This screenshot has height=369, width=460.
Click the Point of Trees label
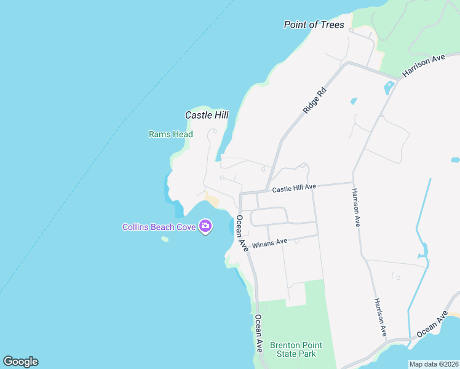click(314, 25)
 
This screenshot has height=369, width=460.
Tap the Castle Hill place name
click(207, 115)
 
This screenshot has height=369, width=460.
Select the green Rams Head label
click(170, 134)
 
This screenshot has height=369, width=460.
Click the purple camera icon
click(205, 226)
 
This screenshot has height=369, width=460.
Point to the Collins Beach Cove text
click(159, 227)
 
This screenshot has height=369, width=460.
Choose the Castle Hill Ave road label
click(294, 187)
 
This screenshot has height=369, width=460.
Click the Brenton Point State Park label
click(293, 349)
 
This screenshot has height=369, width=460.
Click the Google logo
click(20, 362)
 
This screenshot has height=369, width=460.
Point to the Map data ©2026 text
click(434, 364)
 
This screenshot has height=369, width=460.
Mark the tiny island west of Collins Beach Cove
click(165, 239)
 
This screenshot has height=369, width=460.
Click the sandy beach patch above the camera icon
click(212, 200)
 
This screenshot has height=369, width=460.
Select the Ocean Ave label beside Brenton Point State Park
click(259, 333)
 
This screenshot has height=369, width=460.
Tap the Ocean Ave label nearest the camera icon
click(242, 232)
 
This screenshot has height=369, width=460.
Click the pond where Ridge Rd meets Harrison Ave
click(389, 88)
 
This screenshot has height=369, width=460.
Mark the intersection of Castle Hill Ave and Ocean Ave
click(240, 194)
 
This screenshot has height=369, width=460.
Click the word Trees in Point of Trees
click(331, 25)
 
